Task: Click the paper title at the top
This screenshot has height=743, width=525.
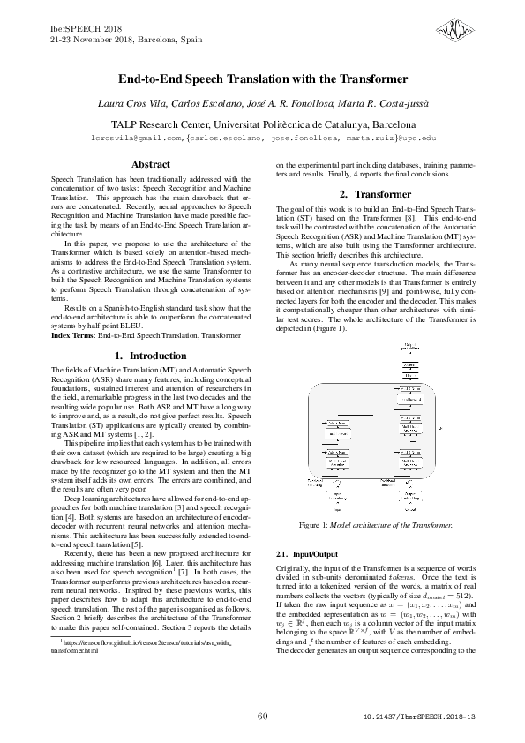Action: pyautogui.click(x=262, y=79)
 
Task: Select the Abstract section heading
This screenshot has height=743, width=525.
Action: pyautogui.click(x=151, y=165)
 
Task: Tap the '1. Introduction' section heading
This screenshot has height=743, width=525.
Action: pyautogui.click(x=151, y=355)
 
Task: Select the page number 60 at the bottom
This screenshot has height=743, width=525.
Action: pyautogui.click(x=262, y=716)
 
